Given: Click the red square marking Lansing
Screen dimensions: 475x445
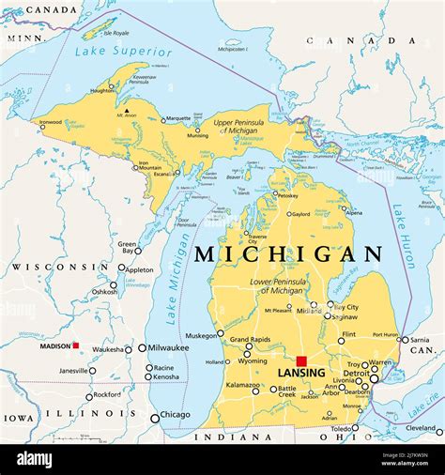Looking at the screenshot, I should click(x=301, y=360).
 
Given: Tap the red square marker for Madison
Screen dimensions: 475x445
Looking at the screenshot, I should click(x=76, y=345).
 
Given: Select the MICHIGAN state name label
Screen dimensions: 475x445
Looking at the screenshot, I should click(x=288, y=254).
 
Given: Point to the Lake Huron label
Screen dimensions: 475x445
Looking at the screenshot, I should click(x=406, y=236).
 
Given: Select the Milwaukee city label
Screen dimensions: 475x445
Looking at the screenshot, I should click(x=169, y=347).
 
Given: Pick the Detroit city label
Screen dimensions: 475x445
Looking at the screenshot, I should click(x=356, y=373).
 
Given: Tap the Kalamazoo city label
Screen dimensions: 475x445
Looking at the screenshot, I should click(x=241, y=386).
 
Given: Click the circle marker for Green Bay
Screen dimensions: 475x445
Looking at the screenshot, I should click(x=138, y=251).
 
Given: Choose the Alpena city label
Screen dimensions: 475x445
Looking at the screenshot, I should click(x=353, y=213).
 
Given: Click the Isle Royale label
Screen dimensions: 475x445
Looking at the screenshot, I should click(x=117, y=33).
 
